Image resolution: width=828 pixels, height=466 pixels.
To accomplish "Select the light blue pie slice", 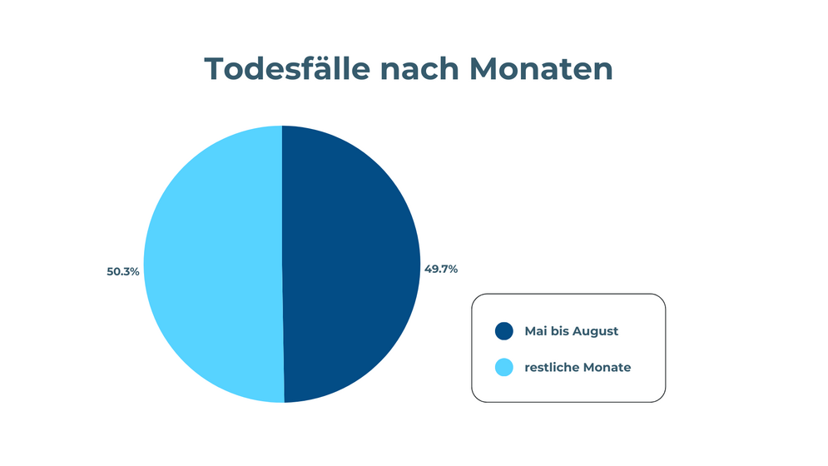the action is coord(213,264).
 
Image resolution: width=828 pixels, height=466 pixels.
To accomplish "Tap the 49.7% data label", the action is coord(441,269).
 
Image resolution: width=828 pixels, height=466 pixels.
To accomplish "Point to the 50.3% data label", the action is coord(123,271).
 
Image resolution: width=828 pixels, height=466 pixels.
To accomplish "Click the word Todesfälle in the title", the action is coord(287,69).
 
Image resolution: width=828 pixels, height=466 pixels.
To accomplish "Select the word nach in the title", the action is coord(419,69).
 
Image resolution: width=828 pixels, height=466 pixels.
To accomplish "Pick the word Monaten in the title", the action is coord(541,69).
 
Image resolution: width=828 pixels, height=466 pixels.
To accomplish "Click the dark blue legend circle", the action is coord(503,331).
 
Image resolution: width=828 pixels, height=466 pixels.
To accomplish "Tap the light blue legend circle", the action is coord(503,367).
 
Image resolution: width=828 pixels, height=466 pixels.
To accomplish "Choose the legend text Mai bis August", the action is coord(572,331).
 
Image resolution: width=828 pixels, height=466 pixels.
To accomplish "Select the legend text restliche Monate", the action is coord(578,367).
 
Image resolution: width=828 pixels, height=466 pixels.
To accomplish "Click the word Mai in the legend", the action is coord(535,330).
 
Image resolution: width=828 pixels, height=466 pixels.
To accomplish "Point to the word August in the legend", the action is coord(595,332).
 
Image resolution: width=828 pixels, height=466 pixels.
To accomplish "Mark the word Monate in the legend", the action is coord(603,367).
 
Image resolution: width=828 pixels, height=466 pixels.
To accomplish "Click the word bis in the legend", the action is coord(559,330).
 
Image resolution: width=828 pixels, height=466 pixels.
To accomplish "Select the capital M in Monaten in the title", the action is coord(484,69).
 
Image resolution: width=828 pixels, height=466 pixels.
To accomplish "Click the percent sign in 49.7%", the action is coord(452,269).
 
